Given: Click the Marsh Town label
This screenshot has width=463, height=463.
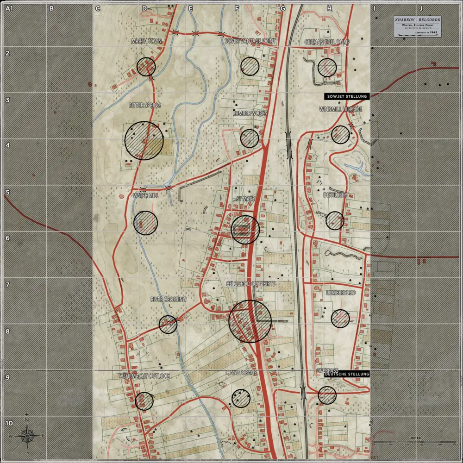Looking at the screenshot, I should click(146, 41).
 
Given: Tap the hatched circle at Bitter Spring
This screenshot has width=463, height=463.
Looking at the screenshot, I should click(144, 141).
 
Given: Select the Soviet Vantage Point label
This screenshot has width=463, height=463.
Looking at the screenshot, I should click(250, 41).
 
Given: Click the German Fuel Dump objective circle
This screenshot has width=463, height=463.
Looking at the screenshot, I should click(327, 68).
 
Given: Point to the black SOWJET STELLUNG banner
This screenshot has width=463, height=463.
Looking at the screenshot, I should click(346, 96).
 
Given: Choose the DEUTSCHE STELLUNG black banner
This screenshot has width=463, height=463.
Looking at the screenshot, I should click(347, 374).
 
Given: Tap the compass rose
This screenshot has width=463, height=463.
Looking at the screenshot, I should click(27, 436).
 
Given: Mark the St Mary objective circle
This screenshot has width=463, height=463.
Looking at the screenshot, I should click(245, 230).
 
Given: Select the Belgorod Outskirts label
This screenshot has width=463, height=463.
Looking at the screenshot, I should click(250, 283).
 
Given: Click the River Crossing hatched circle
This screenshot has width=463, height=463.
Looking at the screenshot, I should click(168, 324).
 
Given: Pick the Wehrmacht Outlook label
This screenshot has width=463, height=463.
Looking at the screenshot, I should click(144, 376).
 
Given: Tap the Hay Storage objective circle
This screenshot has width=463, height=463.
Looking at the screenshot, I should click(241, 398).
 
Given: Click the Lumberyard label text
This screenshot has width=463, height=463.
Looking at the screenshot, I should click(340, 293).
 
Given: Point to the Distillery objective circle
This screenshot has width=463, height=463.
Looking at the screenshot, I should click(335, 220).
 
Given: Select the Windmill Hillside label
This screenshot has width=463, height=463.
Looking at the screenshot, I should click(341, 109).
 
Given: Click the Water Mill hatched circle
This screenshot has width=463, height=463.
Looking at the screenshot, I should click(145, 223).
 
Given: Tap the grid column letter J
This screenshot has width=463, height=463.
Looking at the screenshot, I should click(420, 8).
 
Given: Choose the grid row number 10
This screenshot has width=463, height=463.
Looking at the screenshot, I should click(9, 423).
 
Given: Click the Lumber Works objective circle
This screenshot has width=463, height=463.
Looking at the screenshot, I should click(250, 138).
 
